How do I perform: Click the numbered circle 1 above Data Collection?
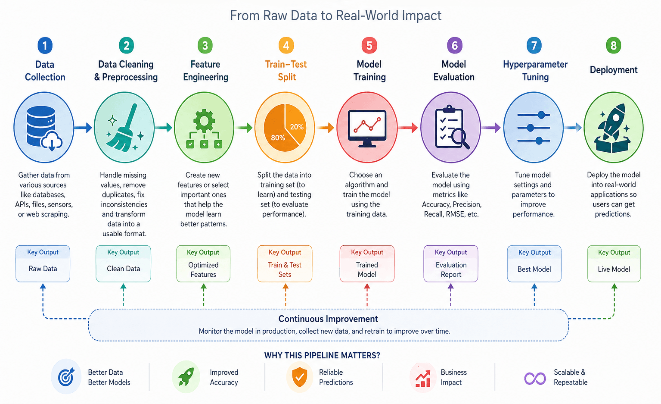tap(45, 46)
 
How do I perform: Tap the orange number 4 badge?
tap(286, 46)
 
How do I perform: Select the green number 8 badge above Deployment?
tap(613, 46)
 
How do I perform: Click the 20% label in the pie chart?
tap(297, 127)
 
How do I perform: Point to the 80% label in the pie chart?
tap(278, 138)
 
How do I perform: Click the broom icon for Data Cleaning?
tap(124, 128)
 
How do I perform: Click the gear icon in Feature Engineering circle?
tap(204, 120)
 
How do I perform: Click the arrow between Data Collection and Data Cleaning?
tap(83, 128)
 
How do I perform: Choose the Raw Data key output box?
tap(43, 264)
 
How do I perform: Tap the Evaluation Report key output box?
tap(450, 264)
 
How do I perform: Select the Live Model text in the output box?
tap(614, 269)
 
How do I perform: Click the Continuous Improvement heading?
tap(328, 319)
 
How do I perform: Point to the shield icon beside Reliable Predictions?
tap(300, 377)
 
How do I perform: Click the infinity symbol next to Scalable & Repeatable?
tap(535, 378)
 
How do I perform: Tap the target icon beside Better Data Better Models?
tap(66, 377)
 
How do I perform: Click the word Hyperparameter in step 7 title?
tap(535, 64)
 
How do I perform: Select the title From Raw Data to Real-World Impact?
tap(335, 16)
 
